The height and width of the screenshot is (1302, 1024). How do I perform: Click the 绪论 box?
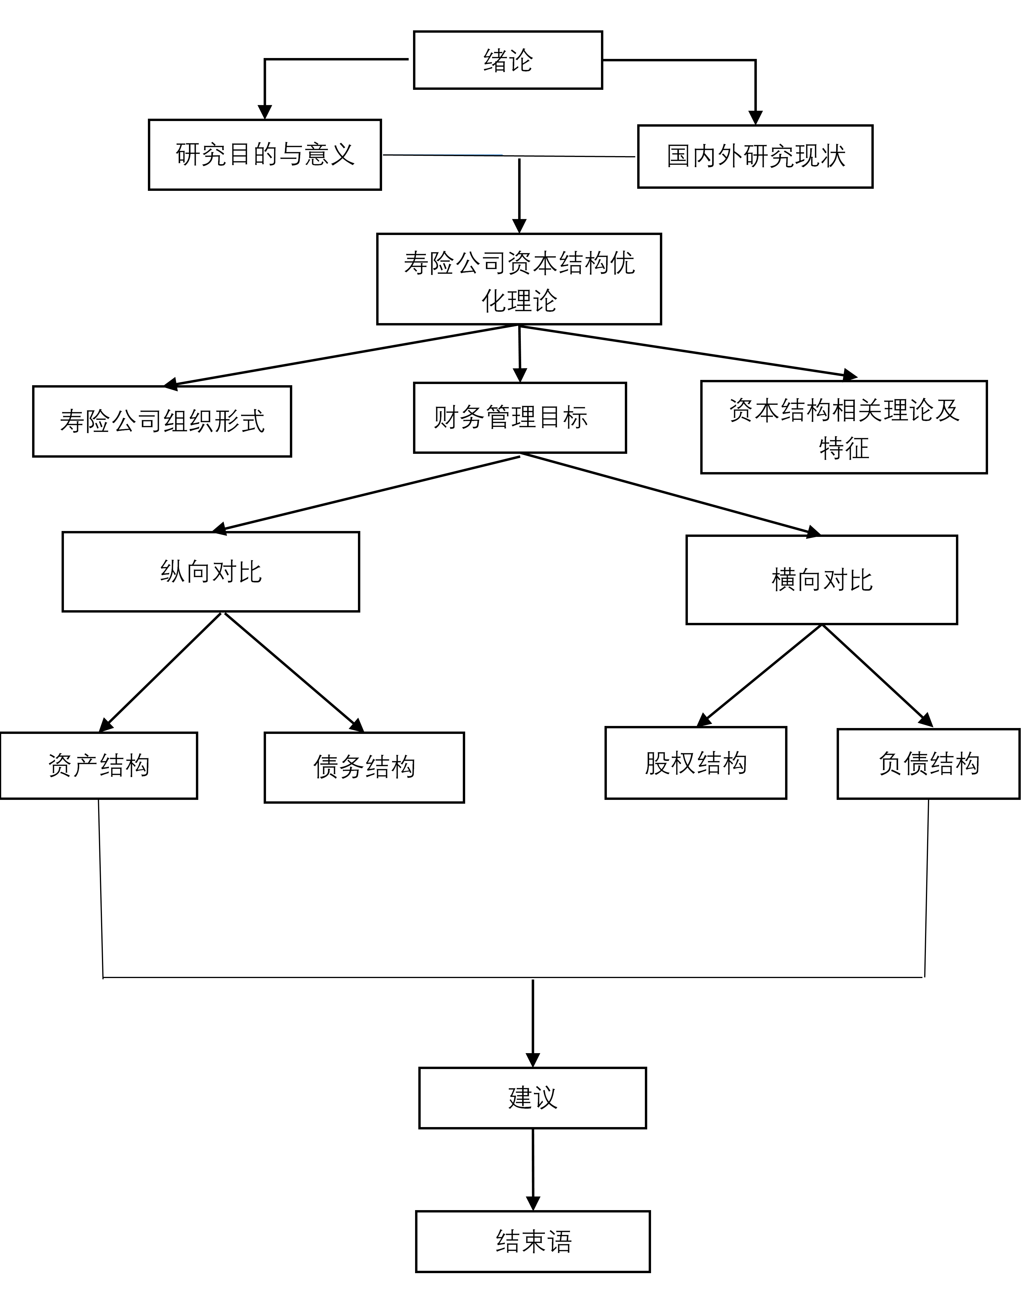click(x=508, y=60)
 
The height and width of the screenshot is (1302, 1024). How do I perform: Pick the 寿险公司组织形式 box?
click(x=162, y=421)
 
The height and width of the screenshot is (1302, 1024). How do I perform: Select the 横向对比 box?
click(x=821, y=580)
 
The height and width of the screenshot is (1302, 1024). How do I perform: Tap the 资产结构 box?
click(x=98, y=765)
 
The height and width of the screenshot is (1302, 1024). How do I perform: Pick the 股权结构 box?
click(x=696, y=763)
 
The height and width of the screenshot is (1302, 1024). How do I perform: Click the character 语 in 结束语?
click(x=559, y=1241)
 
